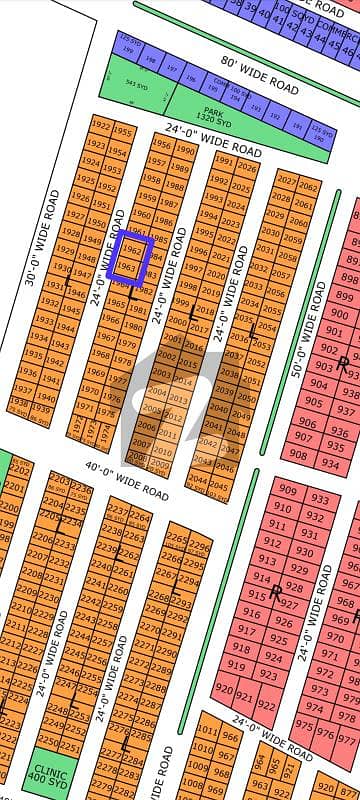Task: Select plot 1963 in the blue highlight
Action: pos(125,266)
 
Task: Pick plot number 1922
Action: pos(99,126)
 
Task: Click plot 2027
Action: pos(287,181)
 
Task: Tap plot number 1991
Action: pos(223,162)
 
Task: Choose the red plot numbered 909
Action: pos(288,490)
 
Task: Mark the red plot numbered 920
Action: pos(223,690)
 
